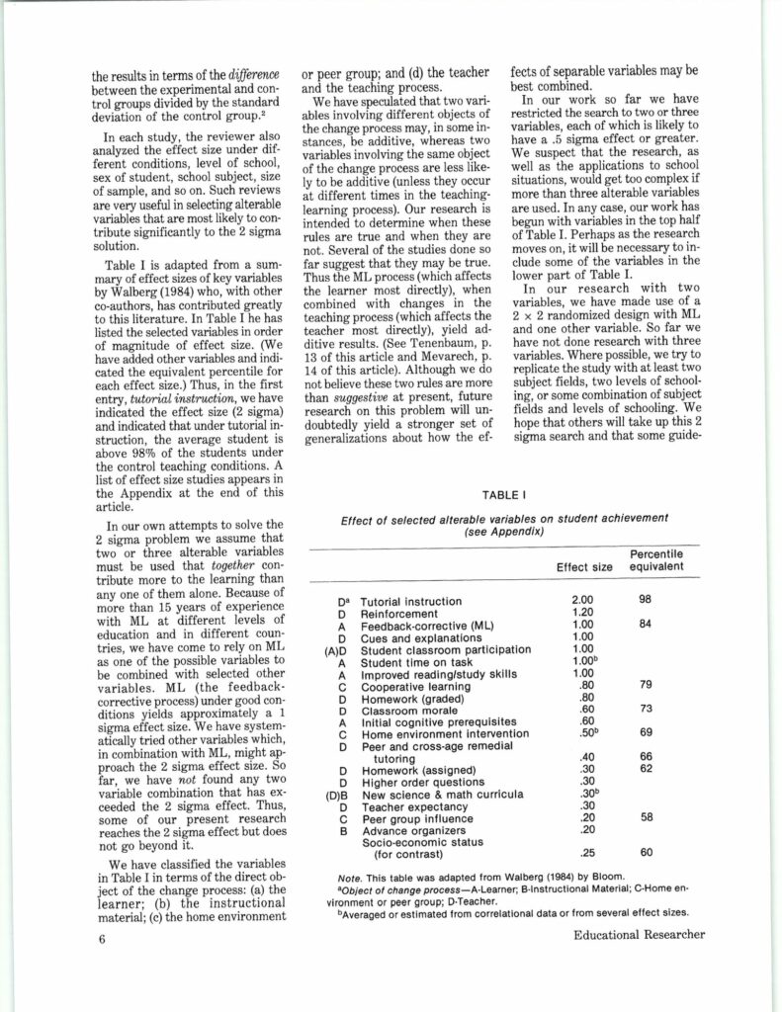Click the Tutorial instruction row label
(410, 601)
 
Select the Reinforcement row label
(401, 613)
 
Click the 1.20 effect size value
(583, 613)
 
